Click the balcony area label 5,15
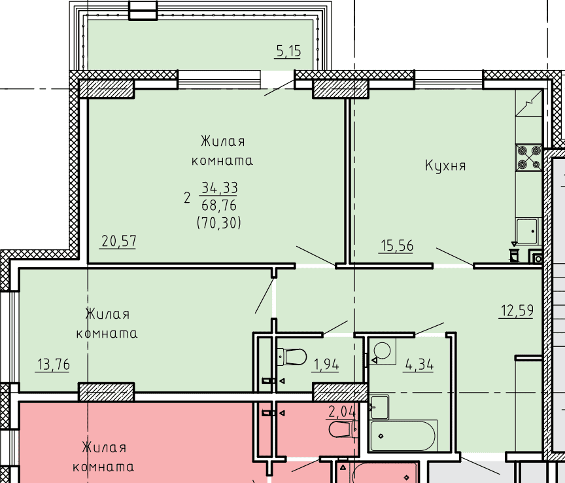click(x=288, y=51)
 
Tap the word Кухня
click(x=445, y=166)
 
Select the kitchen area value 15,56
click(x=397, y=245)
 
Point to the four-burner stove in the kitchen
click(x=529, y=158)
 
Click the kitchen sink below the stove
click(x=527, y=231)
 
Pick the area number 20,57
click(x=119, y=241)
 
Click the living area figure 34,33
click(x=220, y=188)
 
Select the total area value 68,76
click(x=219, y=206)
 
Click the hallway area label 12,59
click(x=517, y=311)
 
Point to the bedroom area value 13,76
click(x=54, y=365)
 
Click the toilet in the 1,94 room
click(x=292, y=357)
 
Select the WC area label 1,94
click(x=326, y=365)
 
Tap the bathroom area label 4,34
click(x=419, y=365)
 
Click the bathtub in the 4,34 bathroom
click(x=403, y=435)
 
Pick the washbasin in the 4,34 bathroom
click(x=379, y=407)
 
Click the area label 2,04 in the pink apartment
click(x=341, y=412)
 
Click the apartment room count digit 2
click(x=186, y=198)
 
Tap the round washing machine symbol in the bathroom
click(x=382, y=350)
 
